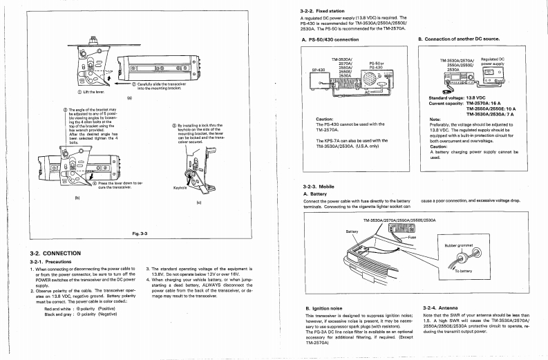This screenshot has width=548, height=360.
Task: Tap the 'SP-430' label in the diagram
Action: click(x=318, y=70)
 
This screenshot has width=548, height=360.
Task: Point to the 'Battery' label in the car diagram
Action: click(x=351, y=231)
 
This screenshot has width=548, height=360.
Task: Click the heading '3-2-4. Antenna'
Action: click(x=440, y=307)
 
